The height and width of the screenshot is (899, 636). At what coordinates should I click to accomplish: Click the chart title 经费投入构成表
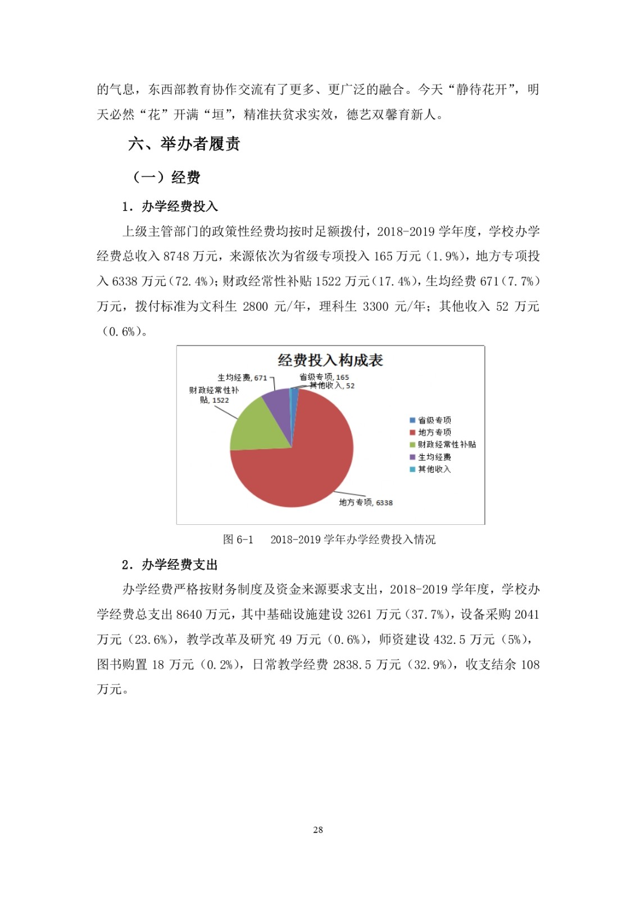pos(330,360)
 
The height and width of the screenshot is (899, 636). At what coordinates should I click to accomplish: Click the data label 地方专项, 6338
pos(366,502)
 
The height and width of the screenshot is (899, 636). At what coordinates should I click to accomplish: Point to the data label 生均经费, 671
pos(242,378)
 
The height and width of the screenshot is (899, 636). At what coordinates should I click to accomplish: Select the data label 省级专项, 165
pos(324,377)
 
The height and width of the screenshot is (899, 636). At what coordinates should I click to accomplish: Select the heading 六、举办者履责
pos(184,144)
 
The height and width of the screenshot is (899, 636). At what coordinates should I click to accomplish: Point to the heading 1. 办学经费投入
pos(170,206)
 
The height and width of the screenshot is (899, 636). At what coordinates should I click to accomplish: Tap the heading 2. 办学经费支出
pos(170,564)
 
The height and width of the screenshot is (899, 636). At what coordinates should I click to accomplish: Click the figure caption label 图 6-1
pos(238,539)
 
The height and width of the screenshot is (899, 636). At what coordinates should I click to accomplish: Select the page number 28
pos(318,830)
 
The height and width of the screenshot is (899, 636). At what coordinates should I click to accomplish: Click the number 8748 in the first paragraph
pos(176,256)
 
